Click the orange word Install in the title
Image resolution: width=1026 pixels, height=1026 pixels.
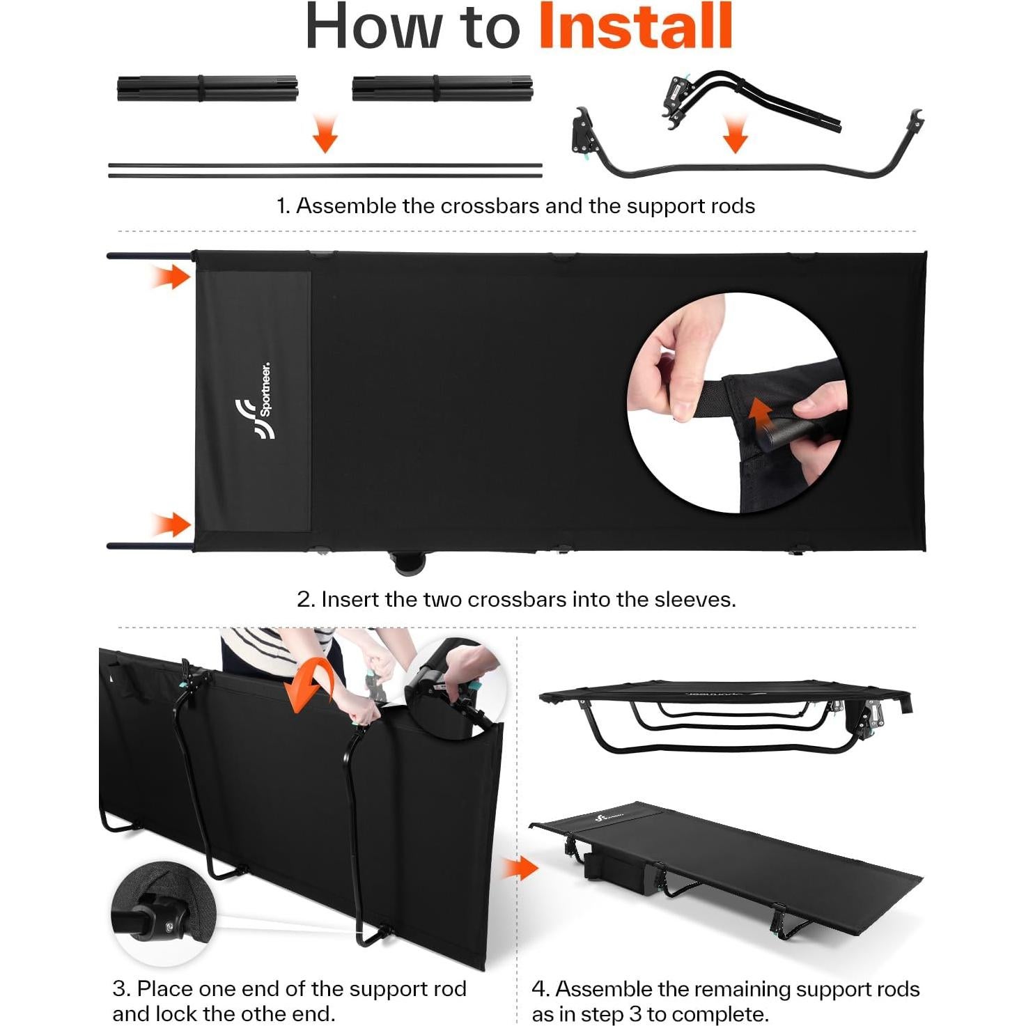point(636,26)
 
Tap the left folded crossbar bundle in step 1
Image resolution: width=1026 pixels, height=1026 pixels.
point(207,88)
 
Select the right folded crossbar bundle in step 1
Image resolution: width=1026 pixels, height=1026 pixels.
point(442,88)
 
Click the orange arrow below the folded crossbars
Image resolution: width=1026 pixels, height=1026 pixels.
point(325,133)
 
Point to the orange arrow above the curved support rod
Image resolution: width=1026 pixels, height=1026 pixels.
point(736,135)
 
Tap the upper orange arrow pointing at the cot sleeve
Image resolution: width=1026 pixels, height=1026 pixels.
point(171,277)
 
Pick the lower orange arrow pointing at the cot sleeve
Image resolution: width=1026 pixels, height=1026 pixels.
point(171,524)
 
